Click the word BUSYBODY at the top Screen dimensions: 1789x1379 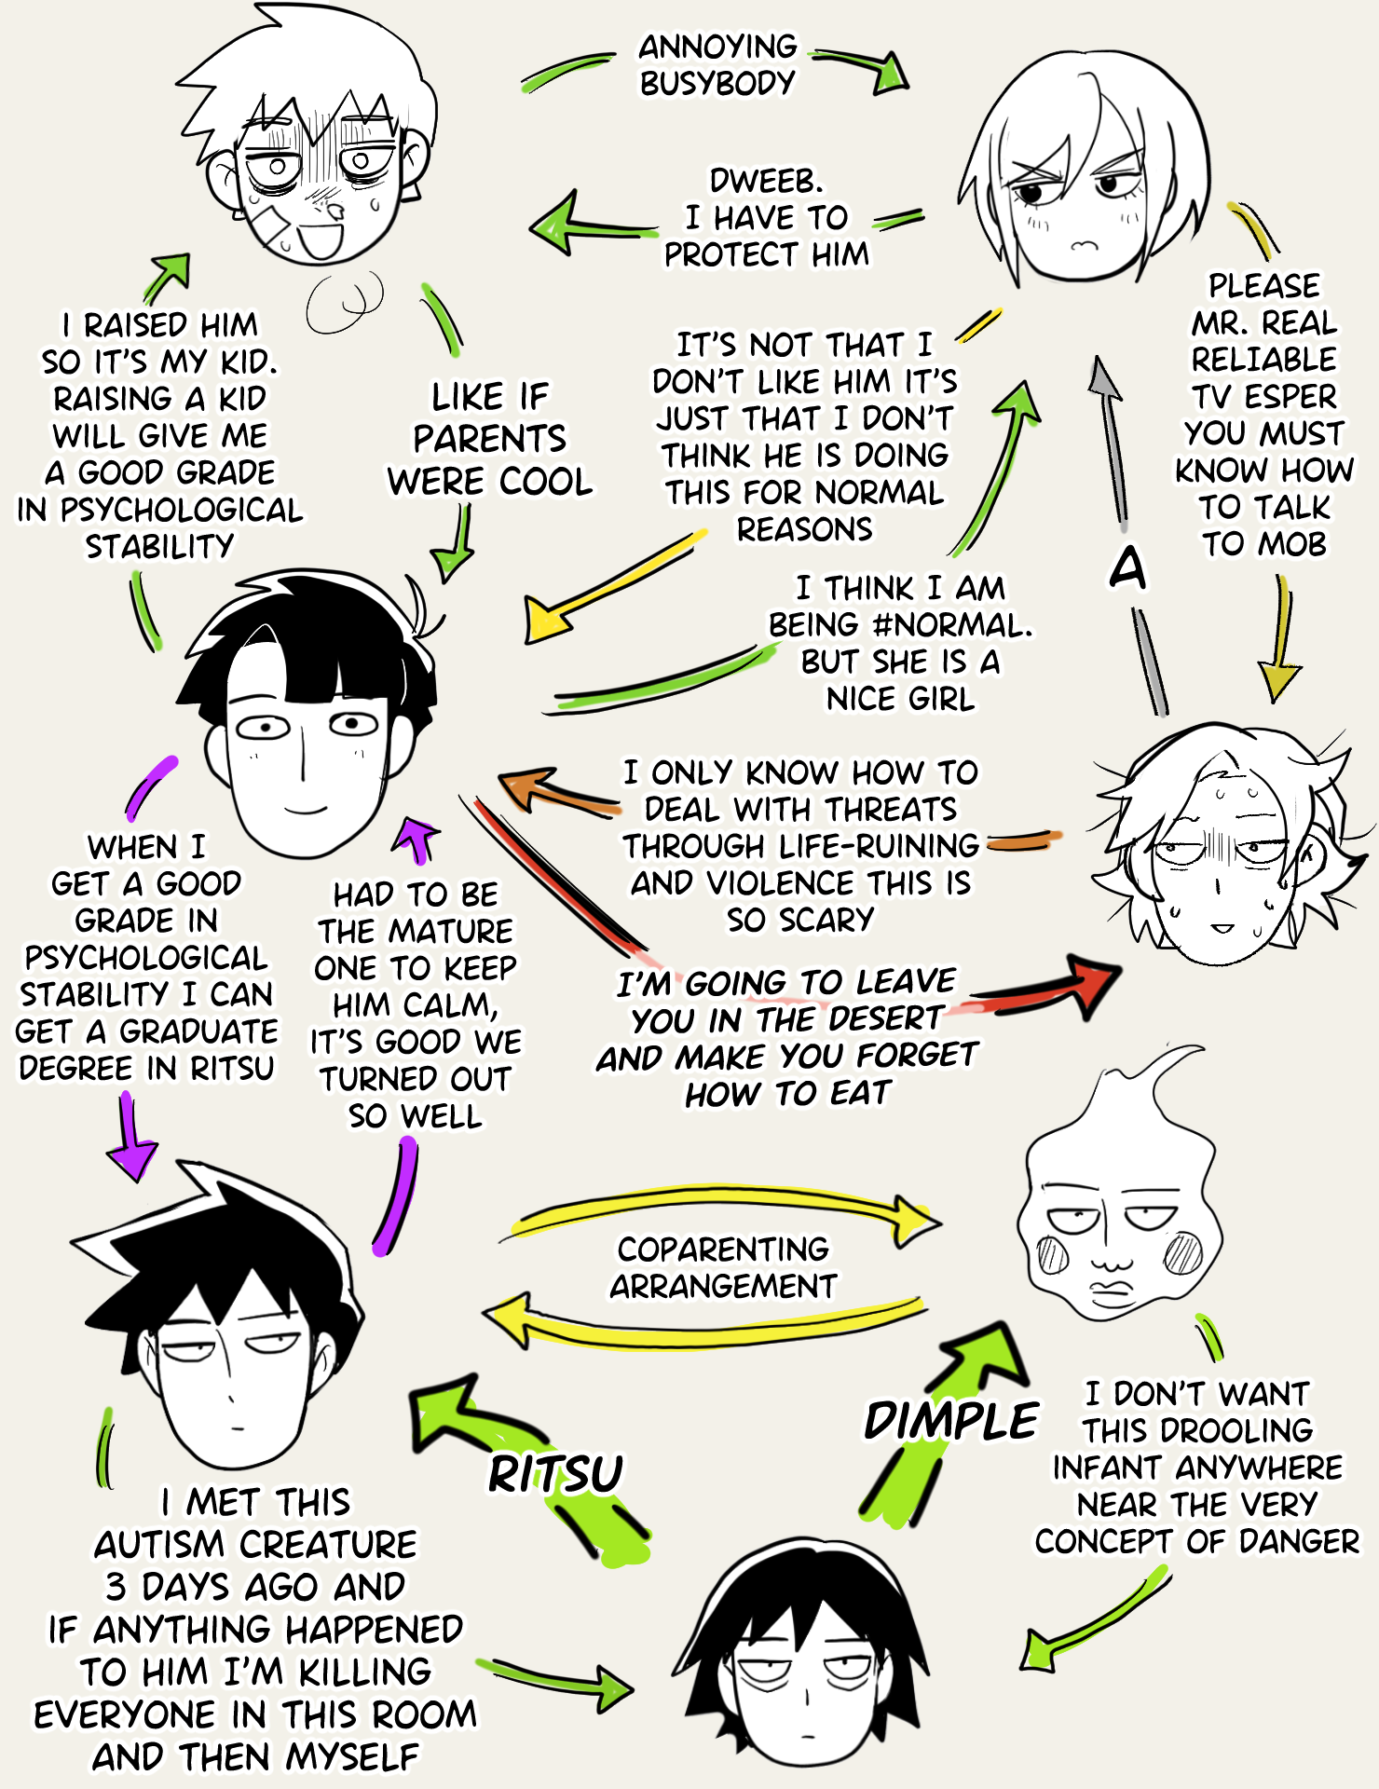tap(717, 83)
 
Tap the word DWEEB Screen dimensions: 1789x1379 tap(766, 180)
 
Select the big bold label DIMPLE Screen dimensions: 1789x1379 tap(950, 1421)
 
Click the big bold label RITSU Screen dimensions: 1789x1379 tap(555, 1474)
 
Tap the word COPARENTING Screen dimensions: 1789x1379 tap(723, 1249)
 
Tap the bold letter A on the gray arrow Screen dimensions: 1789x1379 tap(1127, 567)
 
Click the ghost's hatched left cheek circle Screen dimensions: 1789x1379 tap(1053, 1254)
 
